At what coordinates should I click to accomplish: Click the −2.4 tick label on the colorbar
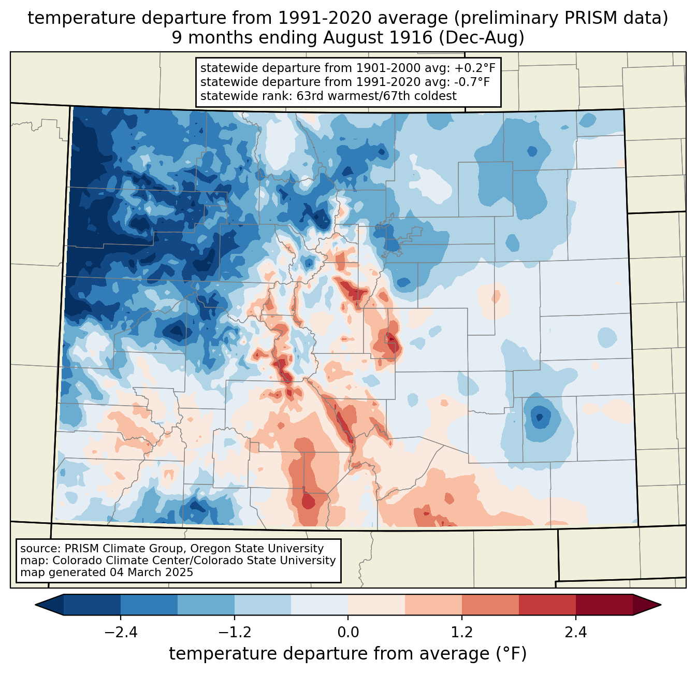click(x=120, y=633)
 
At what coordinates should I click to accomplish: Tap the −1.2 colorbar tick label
click(x=234, y=633)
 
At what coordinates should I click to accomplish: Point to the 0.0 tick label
click(x=348, y=633)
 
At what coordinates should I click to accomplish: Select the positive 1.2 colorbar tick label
click(x=462, y=633)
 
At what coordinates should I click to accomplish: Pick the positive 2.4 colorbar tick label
click(x=575, y=633)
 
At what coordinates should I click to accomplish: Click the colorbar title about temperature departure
click(x=348, y=654)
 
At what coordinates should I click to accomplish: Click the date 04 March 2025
click(x=151, y=572)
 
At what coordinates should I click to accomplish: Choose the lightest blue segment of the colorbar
click(x=320, y=605)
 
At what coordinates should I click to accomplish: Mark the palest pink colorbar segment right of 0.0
click(x=376, y=605)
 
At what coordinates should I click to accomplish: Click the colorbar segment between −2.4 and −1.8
click(x=149, y=605)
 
